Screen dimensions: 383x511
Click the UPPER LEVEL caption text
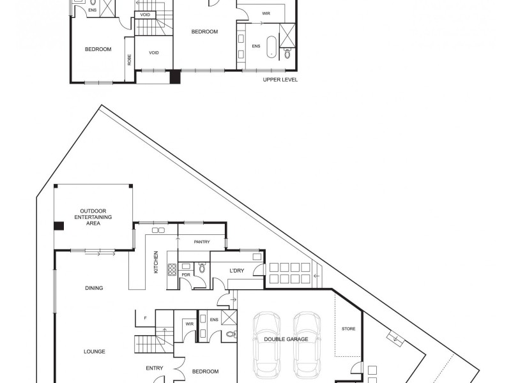[280, 80]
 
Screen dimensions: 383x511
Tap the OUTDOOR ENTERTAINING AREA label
[93, 217]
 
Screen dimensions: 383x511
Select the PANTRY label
[202, 242]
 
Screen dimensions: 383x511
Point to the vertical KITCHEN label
[156, 262]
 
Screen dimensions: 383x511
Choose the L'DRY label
[237, 271]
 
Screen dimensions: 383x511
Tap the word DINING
[94, 288]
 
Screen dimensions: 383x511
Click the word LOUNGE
[94, 352]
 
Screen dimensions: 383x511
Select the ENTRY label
[155, 368]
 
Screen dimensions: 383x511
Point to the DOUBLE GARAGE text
[286, 339]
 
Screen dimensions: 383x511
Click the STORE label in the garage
[348, 329]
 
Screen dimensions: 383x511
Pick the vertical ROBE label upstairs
[130, 59]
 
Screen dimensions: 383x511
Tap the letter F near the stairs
[146, 318]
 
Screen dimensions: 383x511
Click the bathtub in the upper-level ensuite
[271, 47]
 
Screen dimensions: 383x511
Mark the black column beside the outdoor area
[59, 225]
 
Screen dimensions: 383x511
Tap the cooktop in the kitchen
[172, 269]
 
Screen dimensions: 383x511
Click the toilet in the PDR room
[202, 269]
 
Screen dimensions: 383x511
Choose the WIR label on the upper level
[266, 13]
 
